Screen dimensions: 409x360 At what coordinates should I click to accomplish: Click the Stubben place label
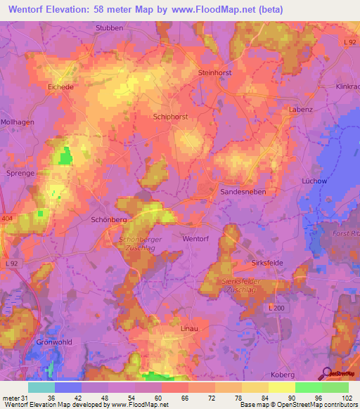point(109,28)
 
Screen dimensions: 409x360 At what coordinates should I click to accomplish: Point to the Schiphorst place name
point(170,118)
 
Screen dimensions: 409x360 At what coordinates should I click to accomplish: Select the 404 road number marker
point(8,219)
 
